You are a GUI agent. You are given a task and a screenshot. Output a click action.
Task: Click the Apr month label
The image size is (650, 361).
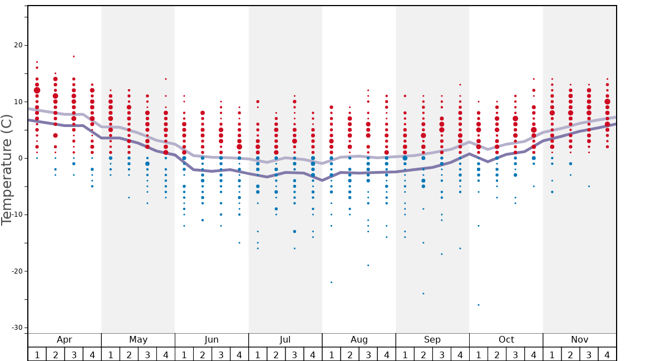65,340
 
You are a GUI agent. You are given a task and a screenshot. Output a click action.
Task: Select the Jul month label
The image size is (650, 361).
285,340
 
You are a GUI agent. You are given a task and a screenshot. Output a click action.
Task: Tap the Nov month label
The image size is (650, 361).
580,340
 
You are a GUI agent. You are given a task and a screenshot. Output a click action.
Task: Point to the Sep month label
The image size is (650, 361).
432,340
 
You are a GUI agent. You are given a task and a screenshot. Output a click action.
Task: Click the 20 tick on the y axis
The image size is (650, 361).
17,45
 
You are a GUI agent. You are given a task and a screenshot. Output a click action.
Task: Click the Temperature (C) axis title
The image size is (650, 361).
7,169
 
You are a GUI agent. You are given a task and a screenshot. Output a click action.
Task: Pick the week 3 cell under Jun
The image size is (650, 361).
221,354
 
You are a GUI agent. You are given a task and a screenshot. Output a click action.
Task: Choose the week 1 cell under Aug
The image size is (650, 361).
331,354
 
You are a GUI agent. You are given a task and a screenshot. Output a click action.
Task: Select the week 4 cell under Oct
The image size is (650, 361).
534,354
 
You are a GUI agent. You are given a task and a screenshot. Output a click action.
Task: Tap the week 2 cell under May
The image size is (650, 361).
129,354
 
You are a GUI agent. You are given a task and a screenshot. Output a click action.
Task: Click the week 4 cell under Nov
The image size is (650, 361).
607,354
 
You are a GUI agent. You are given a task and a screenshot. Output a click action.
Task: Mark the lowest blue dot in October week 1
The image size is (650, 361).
479,305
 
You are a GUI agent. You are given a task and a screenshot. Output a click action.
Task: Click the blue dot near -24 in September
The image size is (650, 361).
424,294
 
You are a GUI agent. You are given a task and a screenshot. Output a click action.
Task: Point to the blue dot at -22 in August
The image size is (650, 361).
331,282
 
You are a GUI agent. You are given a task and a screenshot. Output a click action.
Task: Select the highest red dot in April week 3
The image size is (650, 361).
73,56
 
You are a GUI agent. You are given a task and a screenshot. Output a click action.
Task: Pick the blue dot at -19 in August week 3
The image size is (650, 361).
368,265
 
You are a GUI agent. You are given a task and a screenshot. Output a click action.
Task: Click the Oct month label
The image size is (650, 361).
506,340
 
